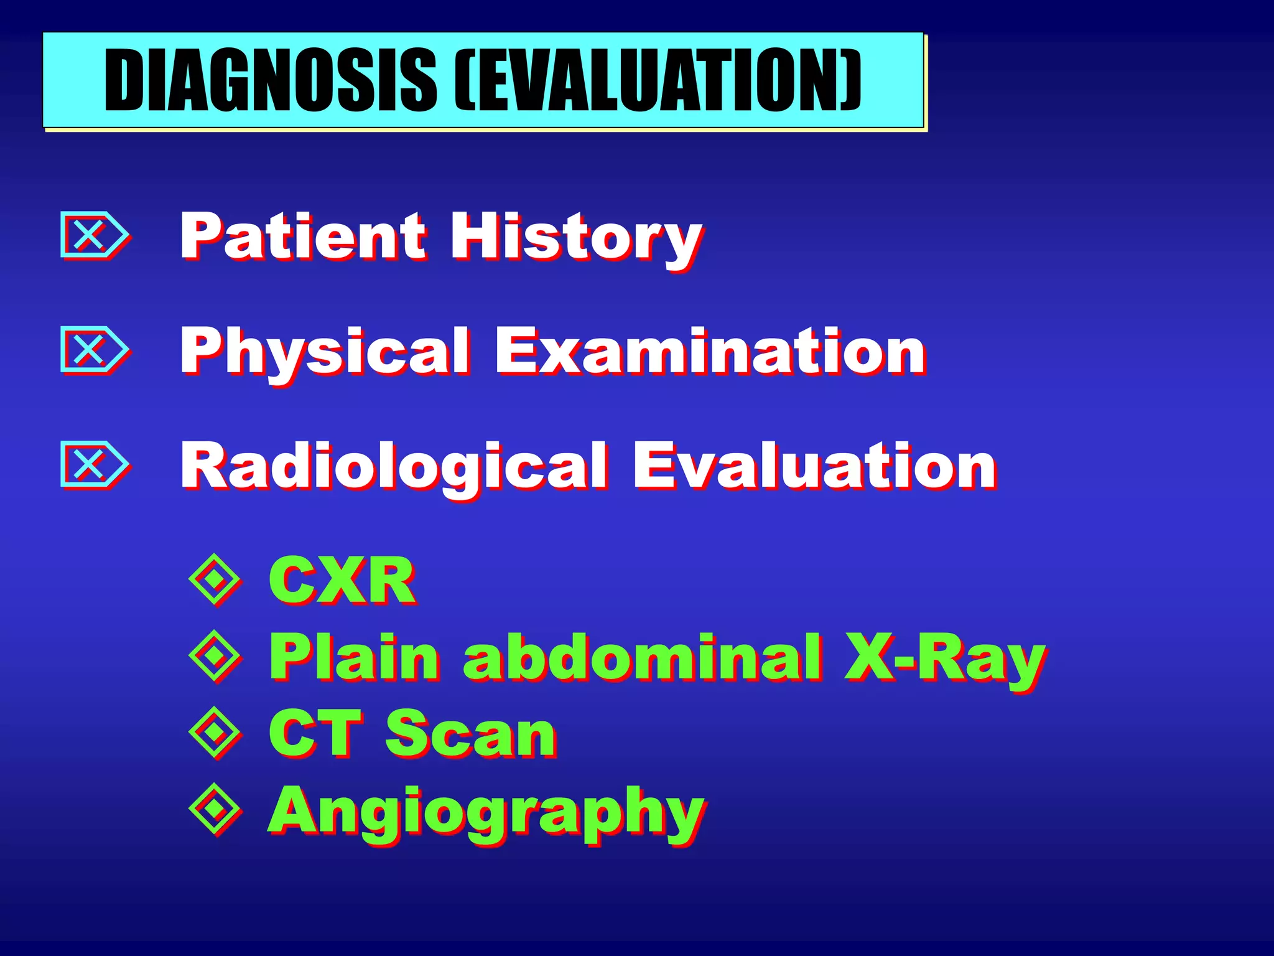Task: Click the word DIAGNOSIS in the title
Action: click(x=271, y=80)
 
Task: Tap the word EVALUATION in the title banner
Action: click(x=659, y=80)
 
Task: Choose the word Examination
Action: click(x=709, y=351)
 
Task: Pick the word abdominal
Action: click(x=641, y=657)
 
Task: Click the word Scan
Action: click(x=470, y=734)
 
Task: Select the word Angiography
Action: click(x=486, y=813)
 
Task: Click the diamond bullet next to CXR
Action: click(x=215, y=579)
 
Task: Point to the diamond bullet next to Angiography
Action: click(x=215, y=808)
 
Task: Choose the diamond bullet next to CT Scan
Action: click(x=215, y=733)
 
